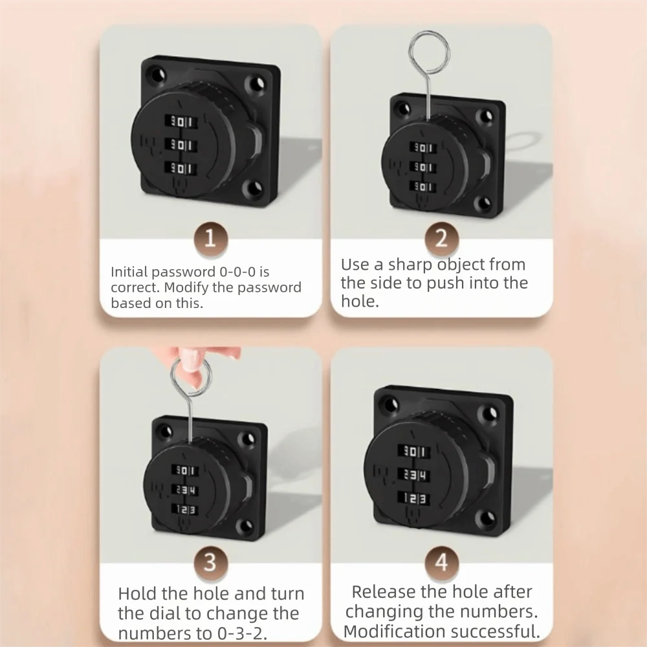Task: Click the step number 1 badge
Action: [x=210, y=239]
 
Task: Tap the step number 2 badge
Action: [x=441, y=239]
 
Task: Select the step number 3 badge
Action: [x=210, y=562]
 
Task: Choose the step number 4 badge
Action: [x=441, y=562]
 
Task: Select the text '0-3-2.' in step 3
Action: [x=253, y=632]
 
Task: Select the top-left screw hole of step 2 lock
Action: [x=399, y=104]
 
